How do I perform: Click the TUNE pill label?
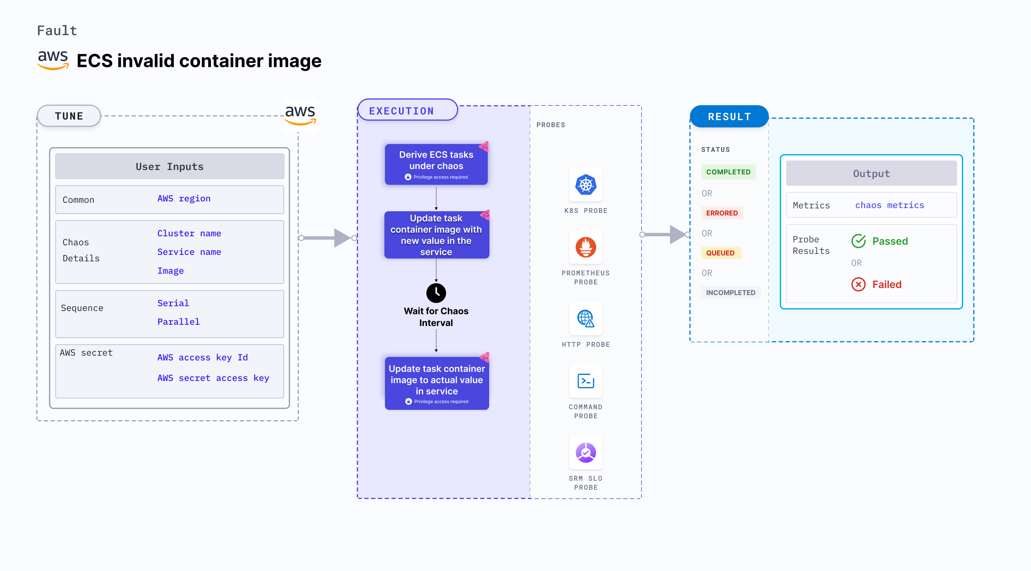coord(69,116)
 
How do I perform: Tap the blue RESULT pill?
coord(729,116)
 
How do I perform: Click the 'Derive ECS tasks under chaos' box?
coord(436,164)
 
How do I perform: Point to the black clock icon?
coord(436,293)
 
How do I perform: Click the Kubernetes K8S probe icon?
coord(585,185)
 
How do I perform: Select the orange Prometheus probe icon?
coord(585,247)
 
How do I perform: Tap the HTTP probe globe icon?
coord(585,319)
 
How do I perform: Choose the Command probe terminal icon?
coord(585,381)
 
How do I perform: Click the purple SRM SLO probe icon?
coord(585,453)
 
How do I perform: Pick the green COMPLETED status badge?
coord(728,172)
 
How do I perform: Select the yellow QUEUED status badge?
coord(720,253)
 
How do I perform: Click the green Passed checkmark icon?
coord(858,241)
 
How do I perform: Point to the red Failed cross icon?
coord(858,284)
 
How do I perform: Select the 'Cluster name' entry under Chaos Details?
coord(189,233)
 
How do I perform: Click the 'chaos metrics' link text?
coord(889,205)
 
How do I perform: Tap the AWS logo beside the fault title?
coord(53,60)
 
